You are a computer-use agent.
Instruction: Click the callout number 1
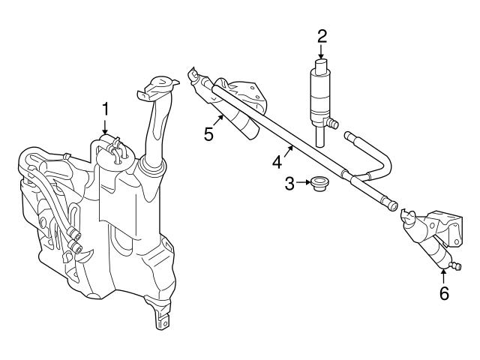coord(106,109)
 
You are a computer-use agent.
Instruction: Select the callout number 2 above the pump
coord(322,34)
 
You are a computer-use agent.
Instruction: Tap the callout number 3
coord(289,182)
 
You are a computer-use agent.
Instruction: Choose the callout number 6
coord(444,293)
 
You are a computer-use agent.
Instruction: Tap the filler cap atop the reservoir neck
coord(159,85)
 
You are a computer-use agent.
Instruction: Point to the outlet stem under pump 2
coord(320,136)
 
